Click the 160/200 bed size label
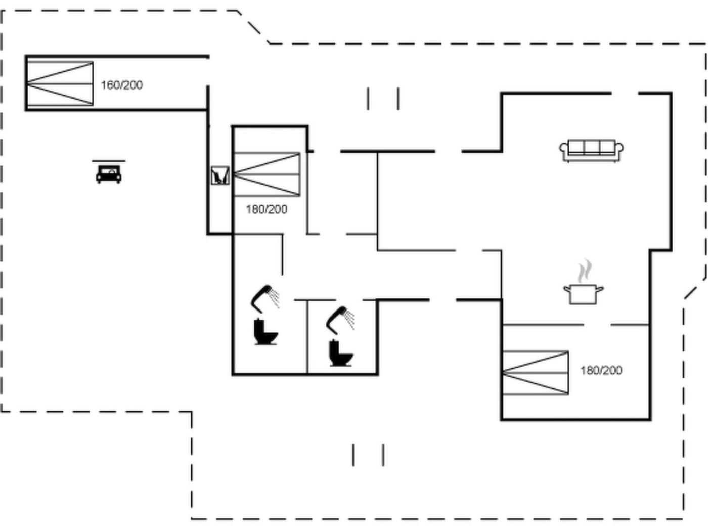click(x=121, y=85)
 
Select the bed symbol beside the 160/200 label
click(x=60, y=83)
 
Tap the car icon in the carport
click(x=109, y=174)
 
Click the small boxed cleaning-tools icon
click(x=220, y=175)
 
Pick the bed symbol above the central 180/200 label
click(x=267, y=174)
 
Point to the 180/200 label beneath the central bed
click(x=267, y=209)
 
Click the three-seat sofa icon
click(x=591, y=150)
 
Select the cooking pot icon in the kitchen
click(x=584, y=294)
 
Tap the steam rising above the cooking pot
click(x=585, y=271)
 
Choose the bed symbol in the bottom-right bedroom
click(x=536, y=373)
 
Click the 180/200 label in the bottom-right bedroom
click(x=601, y=371)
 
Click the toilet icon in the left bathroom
click(x=265, y=331)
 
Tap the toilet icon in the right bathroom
click(x=341, y=352)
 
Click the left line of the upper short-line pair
click(x=368, y=98)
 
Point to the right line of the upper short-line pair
click(x=398, y=98)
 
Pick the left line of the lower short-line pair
click(x=353, y=455)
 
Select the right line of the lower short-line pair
click(x=383, y=455)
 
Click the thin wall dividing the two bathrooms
click(x=307, y=337)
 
